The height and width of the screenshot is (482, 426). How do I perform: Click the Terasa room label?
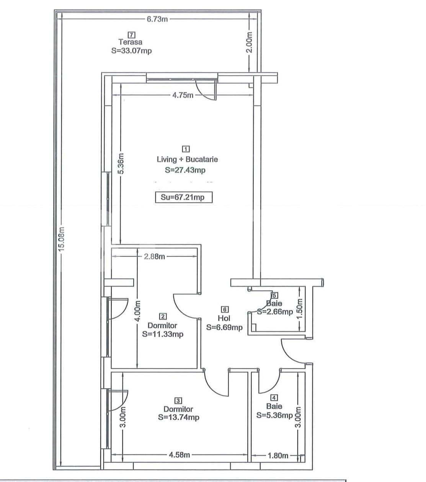(130, 42)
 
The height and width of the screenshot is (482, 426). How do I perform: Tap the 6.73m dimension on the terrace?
(157, 19)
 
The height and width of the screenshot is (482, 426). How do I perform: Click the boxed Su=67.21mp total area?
(183, 198)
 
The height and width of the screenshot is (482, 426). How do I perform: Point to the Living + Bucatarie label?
(187, 159)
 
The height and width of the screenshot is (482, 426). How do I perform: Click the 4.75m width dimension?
(183, 95)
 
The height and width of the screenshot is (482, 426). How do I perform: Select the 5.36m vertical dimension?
(121, 164)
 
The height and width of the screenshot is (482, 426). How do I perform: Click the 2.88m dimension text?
(154, 256)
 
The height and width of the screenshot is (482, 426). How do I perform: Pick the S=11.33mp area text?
(163, 334)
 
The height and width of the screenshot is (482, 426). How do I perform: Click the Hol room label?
(224, 318)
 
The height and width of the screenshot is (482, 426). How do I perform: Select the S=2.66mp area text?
(275, 312)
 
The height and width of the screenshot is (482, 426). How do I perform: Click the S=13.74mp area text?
(178, 417)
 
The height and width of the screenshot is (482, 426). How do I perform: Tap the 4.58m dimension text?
(179, 455)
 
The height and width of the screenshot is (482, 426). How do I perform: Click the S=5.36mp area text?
(274, 415)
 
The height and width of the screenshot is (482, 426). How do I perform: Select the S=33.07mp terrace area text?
(131, 50)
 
